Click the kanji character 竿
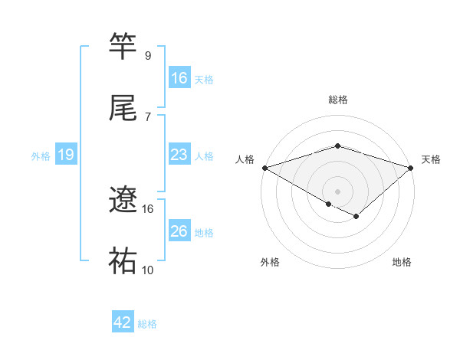tap(123, 48)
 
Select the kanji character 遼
tap(123, 201)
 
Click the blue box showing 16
tap(179, 78)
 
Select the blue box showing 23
tap(179, 155)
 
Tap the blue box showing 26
tap(179, 231)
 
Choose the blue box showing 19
tap(66, 155)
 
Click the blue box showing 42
tap(123, 323)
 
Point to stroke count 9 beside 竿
tap(148, 56)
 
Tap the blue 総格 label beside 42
tap(147, 324)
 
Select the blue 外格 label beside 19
tap(41, 156)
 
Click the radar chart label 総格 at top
tap(337, 100)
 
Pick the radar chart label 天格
tap(431, 159)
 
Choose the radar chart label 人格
tap(245, 159)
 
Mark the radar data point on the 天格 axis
tap(411, 167)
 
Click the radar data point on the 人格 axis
tap(264, 167)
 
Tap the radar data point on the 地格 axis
tap(356, 217)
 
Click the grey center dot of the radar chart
tap(337, 191)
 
